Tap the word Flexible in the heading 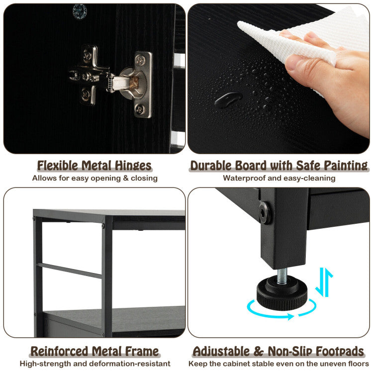[x=57, y=166]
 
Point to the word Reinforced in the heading [x=60, y=351]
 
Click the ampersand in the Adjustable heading [x=258, y=351]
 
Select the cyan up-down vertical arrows [x=324, y=282]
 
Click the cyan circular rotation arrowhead [x=291, y=316]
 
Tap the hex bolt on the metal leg [x=265, y=213]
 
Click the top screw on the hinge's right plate [x=141, y=60]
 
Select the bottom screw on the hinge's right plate [x=140, y=109]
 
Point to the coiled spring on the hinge [x=110, y=83]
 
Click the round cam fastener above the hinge [x=80, y=11]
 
